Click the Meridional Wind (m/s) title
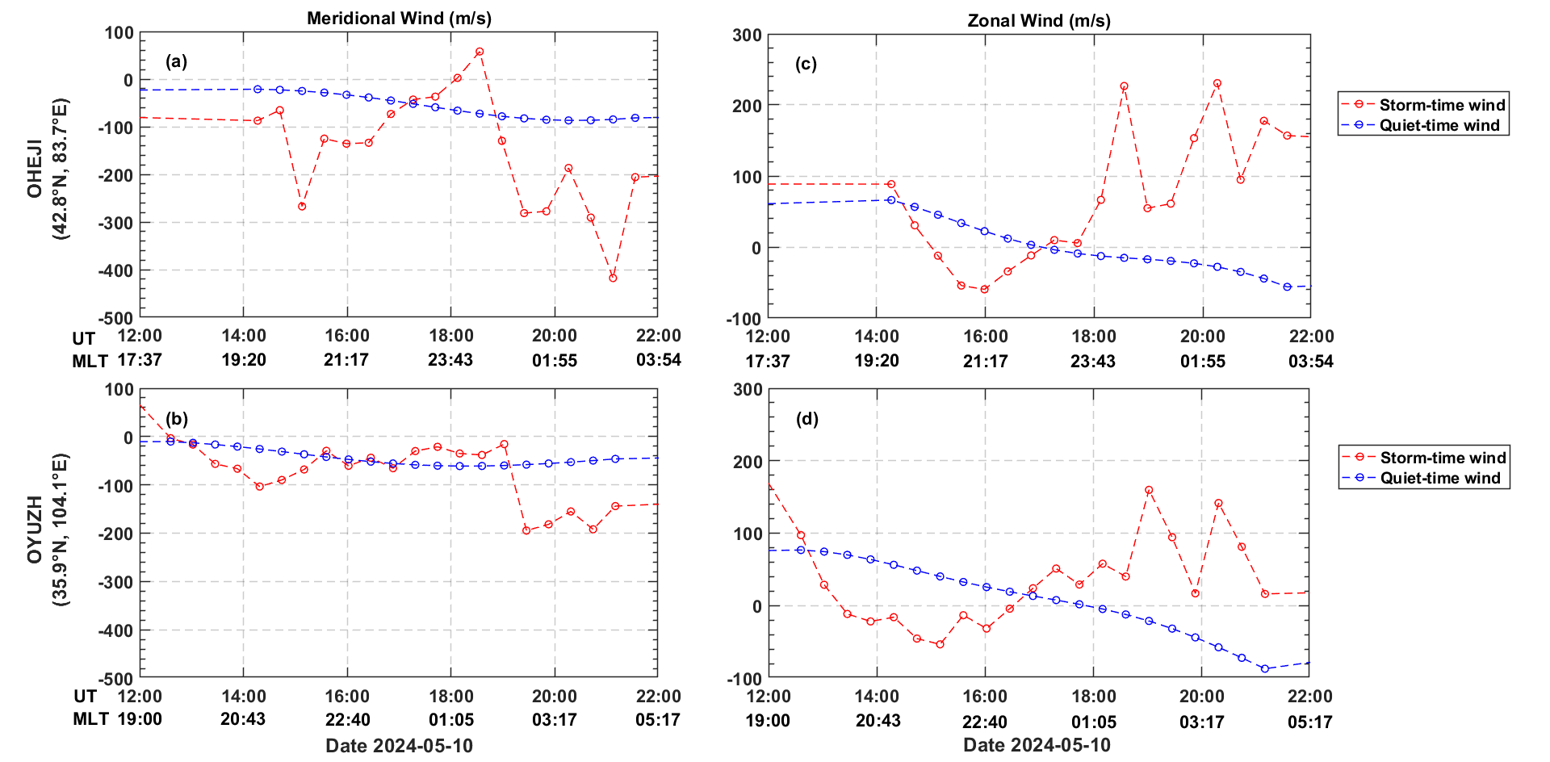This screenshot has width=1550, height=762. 399,18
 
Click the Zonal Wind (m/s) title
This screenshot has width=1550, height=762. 1038,20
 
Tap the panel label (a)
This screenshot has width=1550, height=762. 176,61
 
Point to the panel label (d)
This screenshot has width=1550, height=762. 806,418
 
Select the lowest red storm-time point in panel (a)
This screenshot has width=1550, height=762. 613,278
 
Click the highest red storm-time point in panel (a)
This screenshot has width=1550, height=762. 480,52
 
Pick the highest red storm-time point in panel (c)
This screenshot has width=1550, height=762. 1217,83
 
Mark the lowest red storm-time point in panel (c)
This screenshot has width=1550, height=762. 984,289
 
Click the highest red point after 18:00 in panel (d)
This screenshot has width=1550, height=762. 1149,490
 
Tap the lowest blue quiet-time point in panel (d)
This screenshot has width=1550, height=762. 1264,668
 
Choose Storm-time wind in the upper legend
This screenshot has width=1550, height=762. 1442,105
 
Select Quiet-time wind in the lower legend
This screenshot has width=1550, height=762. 1439,478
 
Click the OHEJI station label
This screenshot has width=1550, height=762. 35,169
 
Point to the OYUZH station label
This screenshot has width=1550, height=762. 35,530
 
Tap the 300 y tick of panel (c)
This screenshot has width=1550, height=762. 747,35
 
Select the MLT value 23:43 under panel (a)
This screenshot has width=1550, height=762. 450,360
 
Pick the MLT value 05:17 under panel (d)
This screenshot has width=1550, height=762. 1309,722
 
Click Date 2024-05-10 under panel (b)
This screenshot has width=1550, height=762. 399,745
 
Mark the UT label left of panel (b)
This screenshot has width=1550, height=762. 85,696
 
